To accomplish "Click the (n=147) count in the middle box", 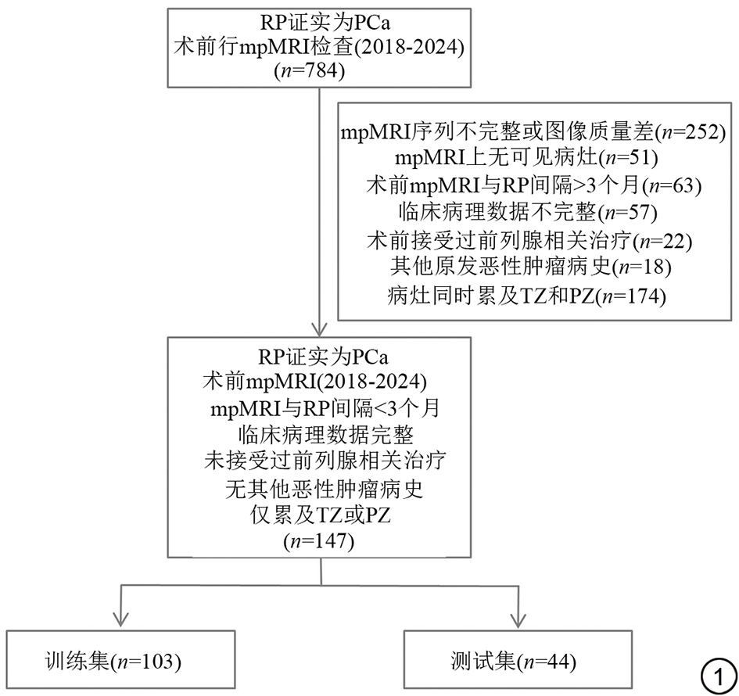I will point(321,541).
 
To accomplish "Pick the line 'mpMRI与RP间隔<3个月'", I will point(321,408).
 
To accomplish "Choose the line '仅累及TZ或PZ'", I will point(321,515).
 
